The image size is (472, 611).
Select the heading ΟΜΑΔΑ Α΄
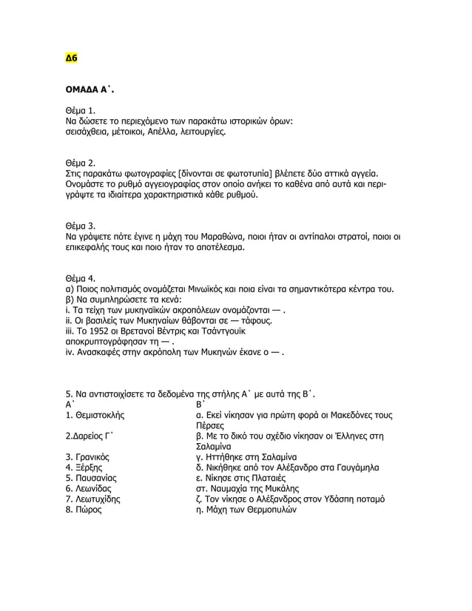coord(90,90)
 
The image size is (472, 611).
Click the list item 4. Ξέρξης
coord(84,467)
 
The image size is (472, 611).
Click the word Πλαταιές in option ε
coord(271,478)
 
